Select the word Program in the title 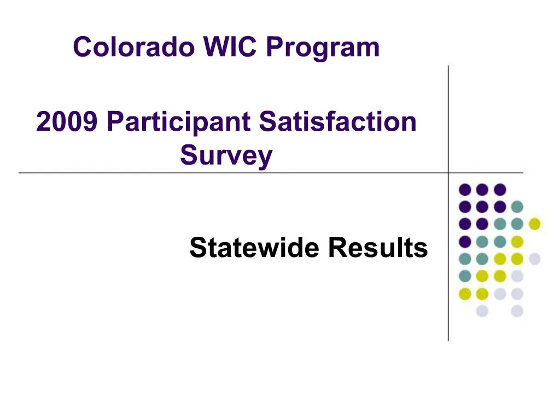coord(323,48)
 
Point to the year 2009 coord(67,121)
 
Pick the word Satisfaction coord(337,121)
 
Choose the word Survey coord(226,156)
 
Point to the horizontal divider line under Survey coord(164,173)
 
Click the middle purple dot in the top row coord(482,190)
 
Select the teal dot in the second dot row coord(516,207)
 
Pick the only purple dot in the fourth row coord(465,241)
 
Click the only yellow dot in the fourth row coord(516,241)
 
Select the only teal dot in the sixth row coord(465,276)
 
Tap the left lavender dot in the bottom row coord(482,311)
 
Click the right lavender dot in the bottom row coord(516,311)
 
